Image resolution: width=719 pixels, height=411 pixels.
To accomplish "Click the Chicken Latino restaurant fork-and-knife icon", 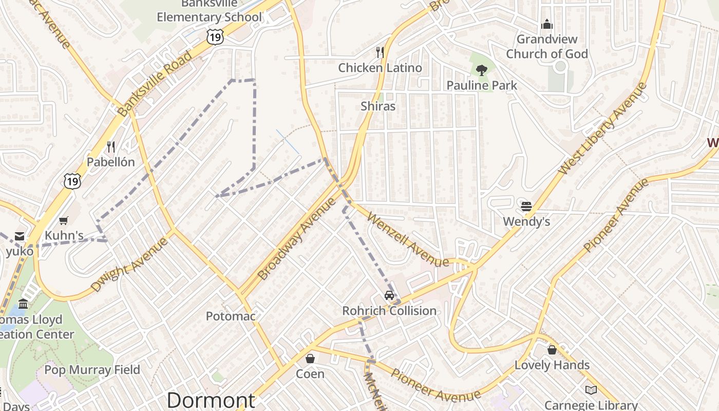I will click(380, 52).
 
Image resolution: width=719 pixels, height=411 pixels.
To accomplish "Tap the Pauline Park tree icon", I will click(481, 70).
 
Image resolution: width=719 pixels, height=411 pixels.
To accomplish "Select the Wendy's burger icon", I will click(526, 207).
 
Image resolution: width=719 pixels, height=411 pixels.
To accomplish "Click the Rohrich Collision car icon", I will click(389, 295).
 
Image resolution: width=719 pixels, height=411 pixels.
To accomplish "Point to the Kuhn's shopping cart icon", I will click(64, 221).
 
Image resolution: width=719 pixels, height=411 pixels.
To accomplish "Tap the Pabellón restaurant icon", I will click(111, 147).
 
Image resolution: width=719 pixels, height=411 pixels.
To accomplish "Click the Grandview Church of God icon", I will click(547, 24).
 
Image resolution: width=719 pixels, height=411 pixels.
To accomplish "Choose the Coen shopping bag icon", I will click(310, 358).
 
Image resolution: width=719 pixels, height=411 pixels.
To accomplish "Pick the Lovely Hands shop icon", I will click(552, 350).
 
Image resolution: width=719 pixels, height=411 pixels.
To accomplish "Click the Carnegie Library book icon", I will click(591, 390).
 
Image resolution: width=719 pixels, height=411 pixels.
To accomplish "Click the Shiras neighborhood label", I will click(378, 106).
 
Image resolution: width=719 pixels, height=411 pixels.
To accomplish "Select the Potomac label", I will click(231, 316).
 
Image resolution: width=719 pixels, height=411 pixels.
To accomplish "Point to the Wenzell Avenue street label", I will click(408, 239).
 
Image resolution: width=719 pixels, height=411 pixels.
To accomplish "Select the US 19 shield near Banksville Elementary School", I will click(215, 36).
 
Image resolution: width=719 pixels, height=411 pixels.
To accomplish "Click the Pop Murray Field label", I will click(92, 370).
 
